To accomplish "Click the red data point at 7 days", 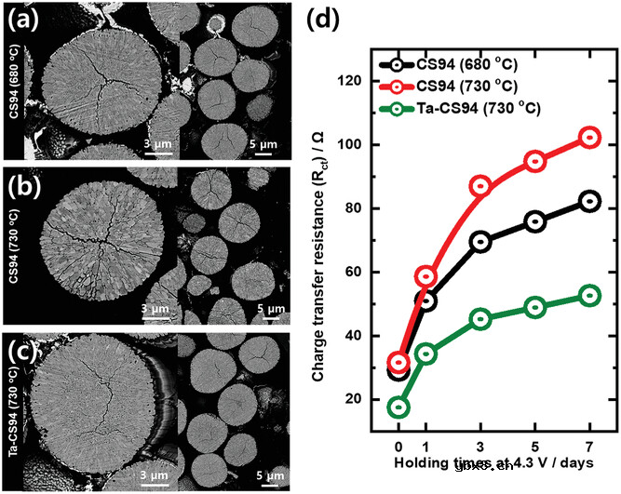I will pyautogui.click(x=589, y=138).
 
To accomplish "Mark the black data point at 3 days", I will pyautogui.click(x=481, y=242).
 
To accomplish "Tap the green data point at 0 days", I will pyautogui.click(x=399, y=407).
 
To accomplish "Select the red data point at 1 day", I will pyautogui.click(x=426, y=276).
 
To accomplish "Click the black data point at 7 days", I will pyautogui.click(x=589, y=201).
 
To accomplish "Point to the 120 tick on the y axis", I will pyautogui.click(x=358, y=82).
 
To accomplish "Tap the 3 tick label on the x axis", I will pyautogui.click(x=481, y=446).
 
